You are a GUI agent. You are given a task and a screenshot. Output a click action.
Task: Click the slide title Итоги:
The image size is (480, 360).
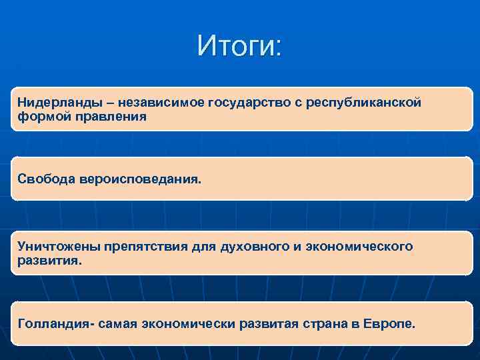tap(240, 46)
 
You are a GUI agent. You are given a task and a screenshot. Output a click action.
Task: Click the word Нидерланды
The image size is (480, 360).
tap(53, 103)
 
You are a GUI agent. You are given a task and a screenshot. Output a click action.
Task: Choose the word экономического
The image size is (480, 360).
tap(359, 247)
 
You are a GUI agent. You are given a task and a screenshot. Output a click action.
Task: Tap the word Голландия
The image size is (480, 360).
tap(55, 323)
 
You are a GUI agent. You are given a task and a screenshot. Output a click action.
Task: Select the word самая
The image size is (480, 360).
tap(118, 323)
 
